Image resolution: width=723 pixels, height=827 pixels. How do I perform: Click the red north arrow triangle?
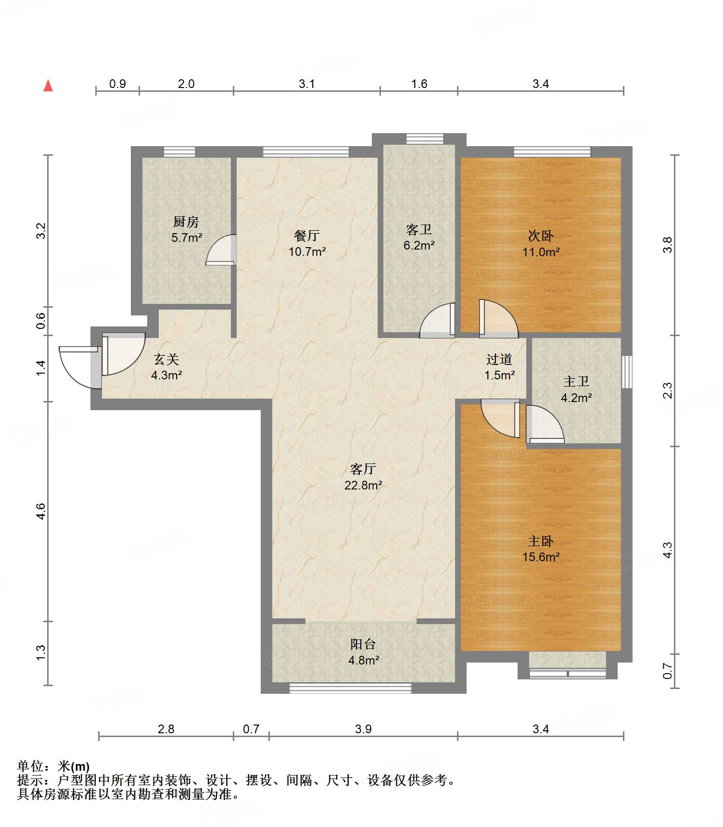(x=48, y=86)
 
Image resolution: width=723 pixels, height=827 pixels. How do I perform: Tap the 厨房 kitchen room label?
(x=186, y=222)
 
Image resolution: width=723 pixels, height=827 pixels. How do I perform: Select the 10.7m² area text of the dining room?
(x=307, y=251)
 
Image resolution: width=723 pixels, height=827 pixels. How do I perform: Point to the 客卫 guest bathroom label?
(x=419, y=229)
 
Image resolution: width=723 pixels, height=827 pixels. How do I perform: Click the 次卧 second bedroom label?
(x=541, y=236)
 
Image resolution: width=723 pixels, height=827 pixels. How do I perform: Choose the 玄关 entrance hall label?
(x=166, y=359)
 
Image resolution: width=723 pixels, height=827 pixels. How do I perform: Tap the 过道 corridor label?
(x=499, y=359)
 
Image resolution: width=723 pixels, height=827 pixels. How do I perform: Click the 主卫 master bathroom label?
(x=576, y=382)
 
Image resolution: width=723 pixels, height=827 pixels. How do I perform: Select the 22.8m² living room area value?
(x=363, y=485)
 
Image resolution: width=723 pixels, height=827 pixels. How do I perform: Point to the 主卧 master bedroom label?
(x=541, y=541)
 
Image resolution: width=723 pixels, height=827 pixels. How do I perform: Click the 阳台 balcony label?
(x=363, y=644)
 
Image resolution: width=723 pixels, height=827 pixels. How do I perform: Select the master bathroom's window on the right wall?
(x=627, y=372)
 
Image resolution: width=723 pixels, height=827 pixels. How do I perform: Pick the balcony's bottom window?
(x=350, y=688)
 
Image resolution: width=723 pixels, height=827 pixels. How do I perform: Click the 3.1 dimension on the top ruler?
(x=307, y=84)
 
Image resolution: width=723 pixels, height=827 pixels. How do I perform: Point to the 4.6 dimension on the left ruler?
(x=41, y=511)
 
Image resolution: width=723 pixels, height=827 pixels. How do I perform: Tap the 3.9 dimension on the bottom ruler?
(x=363, y=729)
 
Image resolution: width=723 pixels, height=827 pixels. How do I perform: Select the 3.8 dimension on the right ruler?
(x=667, y=245)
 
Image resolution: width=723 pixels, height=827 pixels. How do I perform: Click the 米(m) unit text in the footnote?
(x=73, y=766)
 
